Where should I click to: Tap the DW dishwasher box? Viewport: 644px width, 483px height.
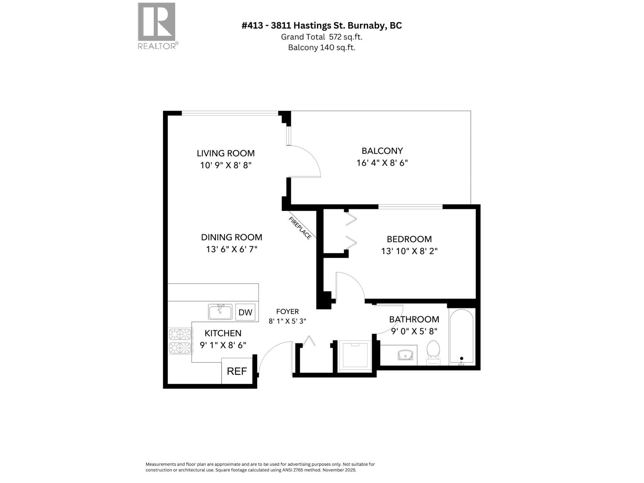point(245,312)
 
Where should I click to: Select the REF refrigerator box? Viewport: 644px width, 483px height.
point(237,371)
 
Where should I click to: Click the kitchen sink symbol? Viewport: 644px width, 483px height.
point(220,312)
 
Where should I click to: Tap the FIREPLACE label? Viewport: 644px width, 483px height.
point(300,228)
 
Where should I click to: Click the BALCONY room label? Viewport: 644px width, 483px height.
point(382,151)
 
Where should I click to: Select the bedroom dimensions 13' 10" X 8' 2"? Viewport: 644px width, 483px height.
point(409,251)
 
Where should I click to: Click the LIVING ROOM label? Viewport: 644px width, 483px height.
point(225,153)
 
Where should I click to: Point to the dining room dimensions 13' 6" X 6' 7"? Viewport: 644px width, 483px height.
point(231,250)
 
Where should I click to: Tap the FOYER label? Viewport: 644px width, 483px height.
point(287,312)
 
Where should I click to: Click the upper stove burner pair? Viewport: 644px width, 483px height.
point(180,334)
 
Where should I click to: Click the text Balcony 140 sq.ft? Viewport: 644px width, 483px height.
point(321,47)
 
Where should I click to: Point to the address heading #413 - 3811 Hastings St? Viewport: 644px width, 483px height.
point(321,25)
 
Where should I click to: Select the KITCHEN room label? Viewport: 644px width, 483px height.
point(223,333)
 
